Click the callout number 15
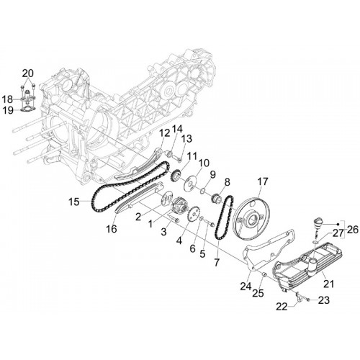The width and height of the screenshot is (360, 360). (x=74, y=202)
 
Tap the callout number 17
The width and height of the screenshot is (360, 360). (x=263, y=181)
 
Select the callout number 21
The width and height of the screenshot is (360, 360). (x=329, y=284)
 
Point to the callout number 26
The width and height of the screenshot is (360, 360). (x=352, y=230)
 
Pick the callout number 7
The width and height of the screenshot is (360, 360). (x=217, y=262)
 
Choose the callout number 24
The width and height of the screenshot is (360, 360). (x=246, y=286)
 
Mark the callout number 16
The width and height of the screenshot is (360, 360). (x=112, y=229)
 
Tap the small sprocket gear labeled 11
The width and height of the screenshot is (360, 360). (x=176, y=176)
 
